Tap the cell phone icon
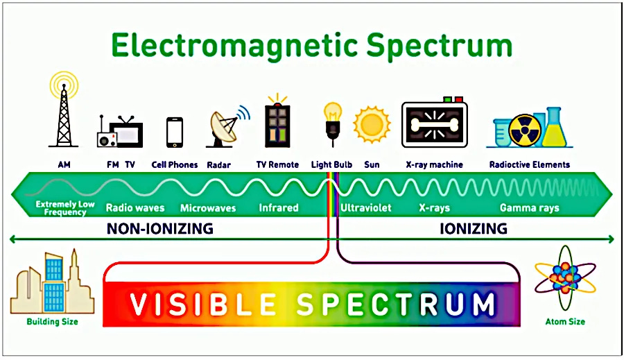(175, 132)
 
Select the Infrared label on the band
(278, 208)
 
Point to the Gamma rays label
(529, 208)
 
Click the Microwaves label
(208, 208)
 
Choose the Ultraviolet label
(365, 208)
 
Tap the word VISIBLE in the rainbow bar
(200, 304)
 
